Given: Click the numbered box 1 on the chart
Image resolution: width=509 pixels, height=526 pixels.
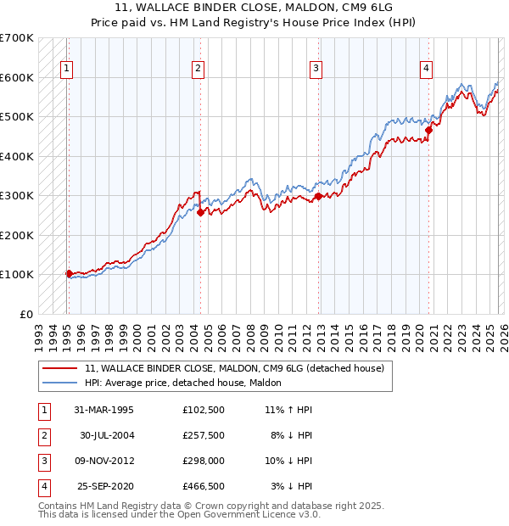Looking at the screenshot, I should (66, 70).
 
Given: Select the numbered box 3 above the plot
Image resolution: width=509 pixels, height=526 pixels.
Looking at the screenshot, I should (316, 70).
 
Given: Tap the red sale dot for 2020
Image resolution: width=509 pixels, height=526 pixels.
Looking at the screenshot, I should (429, 130).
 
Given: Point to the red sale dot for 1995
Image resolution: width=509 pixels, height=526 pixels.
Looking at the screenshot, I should (69, 273).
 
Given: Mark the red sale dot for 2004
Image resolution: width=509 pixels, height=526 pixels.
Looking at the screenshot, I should (201, 213).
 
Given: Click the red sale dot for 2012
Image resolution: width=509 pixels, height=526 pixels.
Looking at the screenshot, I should (318, 196).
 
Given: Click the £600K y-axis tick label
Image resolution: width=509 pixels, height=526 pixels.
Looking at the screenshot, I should (17, 77).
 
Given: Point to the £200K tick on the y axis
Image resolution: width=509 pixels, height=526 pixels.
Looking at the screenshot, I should (17, 235).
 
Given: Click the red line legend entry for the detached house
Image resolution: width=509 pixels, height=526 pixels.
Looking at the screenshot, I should (234, 368).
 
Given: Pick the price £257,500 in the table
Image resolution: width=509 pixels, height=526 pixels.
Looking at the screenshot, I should (203, 435).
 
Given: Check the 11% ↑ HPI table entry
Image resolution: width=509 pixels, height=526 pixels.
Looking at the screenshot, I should (288, 410).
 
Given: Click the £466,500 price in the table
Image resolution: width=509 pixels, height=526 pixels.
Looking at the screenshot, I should (203, 486).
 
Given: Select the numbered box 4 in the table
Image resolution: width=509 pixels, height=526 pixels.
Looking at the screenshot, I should (43, 486).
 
